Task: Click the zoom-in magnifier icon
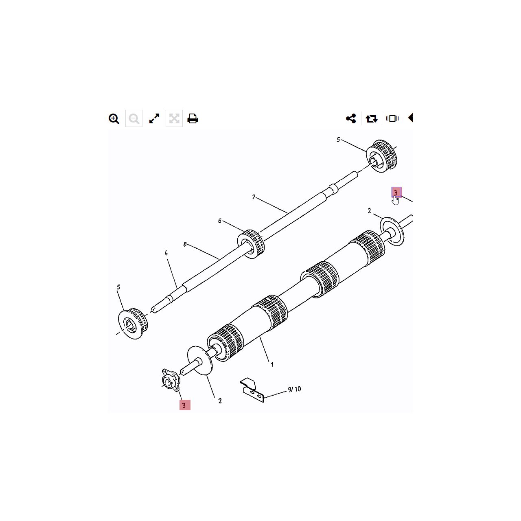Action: point(114,119)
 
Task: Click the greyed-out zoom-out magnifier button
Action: point(134,118)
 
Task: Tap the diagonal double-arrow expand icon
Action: point(154,118)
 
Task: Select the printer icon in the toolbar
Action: point(193,118)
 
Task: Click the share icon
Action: point(351,118)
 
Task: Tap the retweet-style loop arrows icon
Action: point(372,119)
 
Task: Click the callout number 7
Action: point(254,197)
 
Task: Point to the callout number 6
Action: point(220,221)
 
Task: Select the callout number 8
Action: point(185,244)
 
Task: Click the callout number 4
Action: point(166,253)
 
